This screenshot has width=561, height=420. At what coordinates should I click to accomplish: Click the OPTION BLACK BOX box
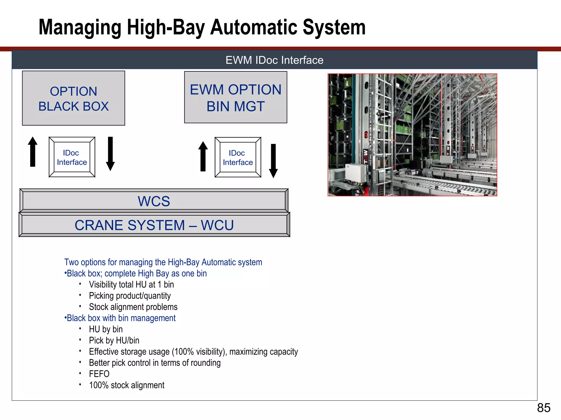tap(73, 98)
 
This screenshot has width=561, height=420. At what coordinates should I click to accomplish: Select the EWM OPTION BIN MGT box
tap(236, 98)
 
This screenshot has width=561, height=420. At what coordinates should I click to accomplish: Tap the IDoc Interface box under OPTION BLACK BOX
tap(72, 157)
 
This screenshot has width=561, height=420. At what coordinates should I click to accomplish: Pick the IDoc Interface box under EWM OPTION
tap(238, 157)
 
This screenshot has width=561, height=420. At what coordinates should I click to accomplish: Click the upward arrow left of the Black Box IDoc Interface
tap(33, 152)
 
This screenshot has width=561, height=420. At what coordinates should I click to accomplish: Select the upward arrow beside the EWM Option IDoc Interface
tap(203, 156)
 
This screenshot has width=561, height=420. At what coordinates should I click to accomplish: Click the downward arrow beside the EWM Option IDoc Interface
tap(273, 161)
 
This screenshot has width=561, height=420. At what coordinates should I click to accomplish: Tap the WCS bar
tap(154, 201)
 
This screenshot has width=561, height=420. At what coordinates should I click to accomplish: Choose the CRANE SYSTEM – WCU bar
tap(154, 225)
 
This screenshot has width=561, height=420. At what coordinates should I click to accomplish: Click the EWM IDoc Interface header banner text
tap(274, 60)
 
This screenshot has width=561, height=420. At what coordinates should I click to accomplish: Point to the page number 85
tap(543, 408)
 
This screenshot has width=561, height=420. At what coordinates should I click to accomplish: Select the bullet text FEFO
tap(99, 374)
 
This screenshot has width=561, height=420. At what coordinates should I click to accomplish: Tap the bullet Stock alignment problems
tap(133, 307)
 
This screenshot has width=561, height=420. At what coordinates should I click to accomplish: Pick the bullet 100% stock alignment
tap(127, 385)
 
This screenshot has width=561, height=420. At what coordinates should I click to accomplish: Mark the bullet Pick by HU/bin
tap(114, 340)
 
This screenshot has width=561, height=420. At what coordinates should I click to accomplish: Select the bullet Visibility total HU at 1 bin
tap(131, 284)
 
